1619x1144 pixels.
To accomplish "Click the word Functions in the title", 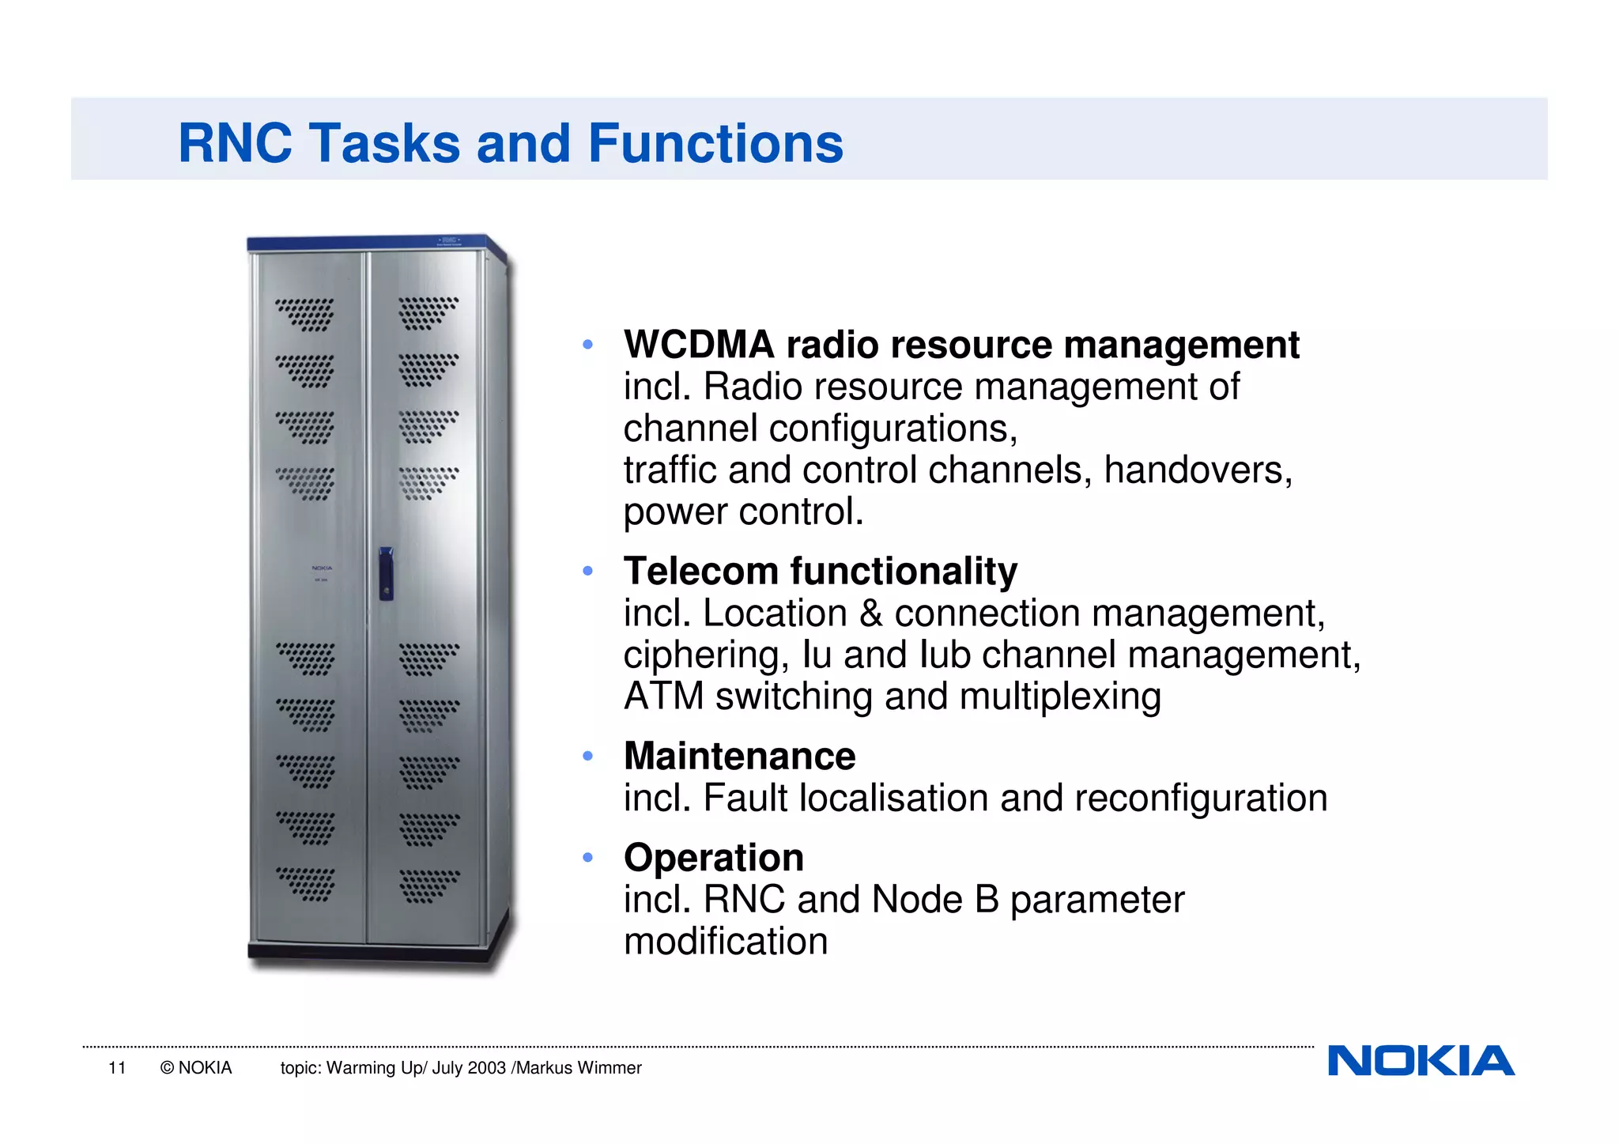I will click(715, 144).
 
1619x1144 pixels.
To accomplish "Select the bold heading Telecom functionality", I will click(820, 571).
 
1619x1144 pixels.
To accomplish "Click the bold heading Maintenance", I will click(739, 756).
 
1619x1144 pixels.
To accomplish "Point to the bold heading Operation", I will click(713, 858).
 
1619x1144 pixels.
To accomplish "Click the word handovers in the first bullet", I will click(1197, 470).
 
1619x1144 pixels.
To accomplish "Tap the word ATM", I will click(662, 697).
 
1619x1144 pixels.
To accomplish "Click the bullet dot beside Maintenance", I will click(587, 757).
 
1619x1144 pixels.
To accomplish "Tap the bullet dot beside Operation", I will click(587, 858).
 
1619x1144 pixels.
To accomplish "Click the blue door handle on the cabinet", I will click(386, 572).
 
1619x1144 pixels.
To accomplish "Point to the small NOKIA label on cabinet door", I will click(322, 568).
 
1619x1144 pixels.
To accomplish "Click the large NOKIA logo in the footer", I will click(1421, 1061).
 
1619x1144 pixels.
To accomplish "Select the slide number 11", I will click(117, 1068).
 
